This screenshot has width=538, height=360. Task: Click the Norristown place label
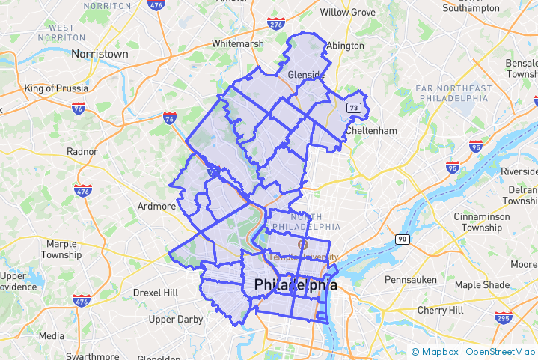tap(100, 54)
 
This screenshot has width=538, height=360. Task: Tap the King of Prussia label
tap(56, 88)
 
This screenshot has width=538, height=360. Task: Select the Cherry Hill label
tap(441, 310)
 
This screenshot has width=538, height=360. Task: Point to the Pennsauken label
tap(409, 279)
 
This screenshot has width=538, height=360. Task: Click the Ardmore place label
tap(157, 206)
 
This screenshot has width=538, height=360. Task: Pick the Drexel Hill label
tap(156, 292)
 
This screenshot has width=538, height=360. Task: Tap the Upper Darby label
tap(176, 320)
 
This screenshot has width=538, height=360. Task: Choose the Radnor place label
tap(82, 151)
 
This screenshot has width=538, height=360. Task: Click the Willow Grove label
tap(347, 13)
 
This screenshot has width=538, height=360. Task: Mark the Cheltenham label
tap(371, 131)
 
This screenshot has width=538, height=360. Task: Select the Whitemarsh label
tap(237, 44)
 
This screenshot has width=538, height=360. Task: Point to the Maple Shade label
tap(482, 285)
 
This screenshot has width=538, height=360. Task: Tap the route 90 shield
tap(403, 239)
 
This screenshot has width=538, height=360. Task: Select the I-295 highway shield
tap(502, 319)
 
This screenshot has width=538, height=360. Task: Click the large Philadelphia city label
tap(296, 285)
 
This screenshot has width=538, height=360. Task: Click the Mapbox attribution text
tap(440, 351)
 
